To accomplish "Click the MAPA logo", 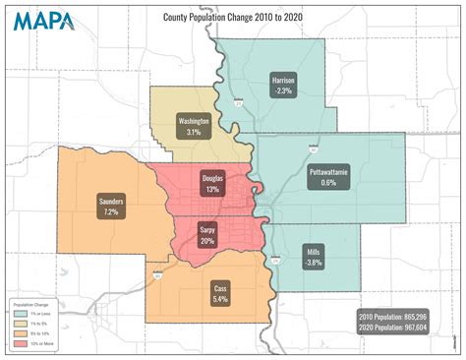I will (x=41, y=21).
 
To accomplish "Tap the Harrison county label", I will (x=284, y=85).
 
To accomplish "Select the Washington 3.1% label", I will (x=194, y=126).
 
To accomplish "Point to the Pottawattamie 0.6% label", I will (x=328, y=176).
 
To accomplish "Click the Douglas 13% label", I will (x=212, y=183).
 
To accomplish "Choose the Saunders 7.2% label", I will (x=111, y=206).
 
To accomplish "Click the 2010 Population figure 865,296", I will (x=393, y=316).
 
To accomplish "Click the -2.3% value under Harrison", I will (x=284, y=90).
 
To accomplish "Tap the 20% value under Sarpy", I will (x=207, y=240).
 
